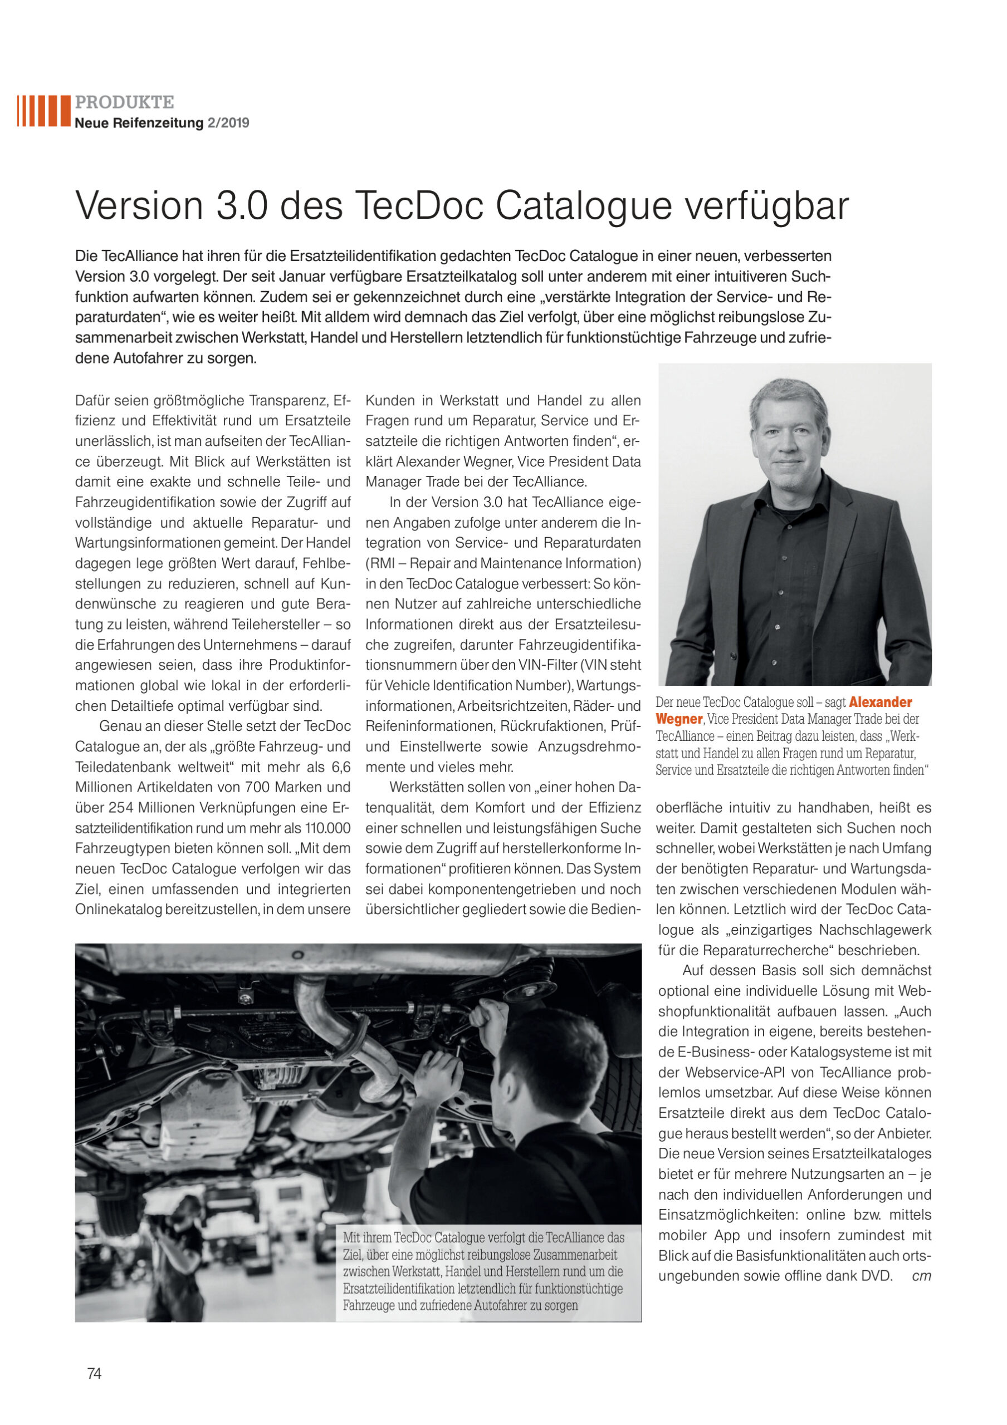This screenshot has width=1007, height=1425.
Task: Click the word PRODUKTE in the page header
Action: [x=124, y=102]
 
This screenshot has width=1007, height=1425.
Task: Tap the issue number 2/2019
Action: [x=228, y=123]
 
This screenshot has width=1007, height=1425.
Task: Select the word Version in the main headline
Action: [x=139, y=206]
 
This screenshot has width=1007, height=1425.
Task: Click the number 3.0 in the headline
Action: [x=242, y=206]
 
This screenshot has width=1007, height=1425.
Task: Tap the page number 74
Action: [x=94, y=1373]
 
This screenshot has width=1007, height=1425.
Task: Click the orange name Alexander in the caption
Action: [x=881, y=702]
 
